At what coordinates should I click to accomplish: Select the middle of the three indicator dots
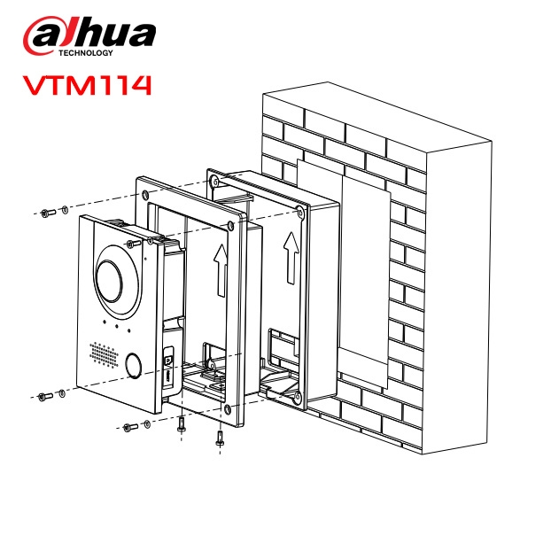[117, 330]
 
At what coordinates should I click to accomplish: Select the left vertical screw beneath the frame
[182, 423]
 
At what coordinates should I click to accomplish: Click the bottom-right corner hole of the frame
[230, 409]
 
